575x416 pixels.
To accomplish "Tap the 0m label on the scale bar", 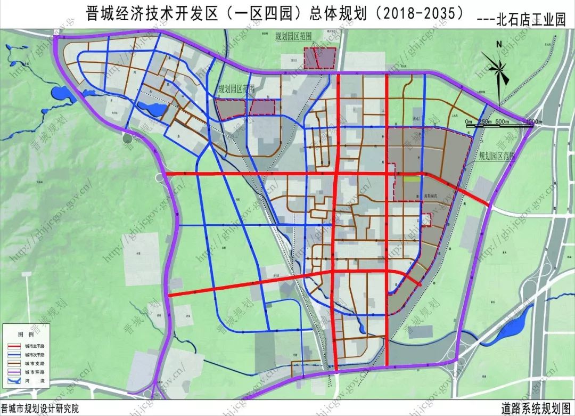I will [468, 121].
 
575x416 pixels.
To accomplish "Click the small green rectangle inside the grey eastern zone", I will [410, 180].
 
